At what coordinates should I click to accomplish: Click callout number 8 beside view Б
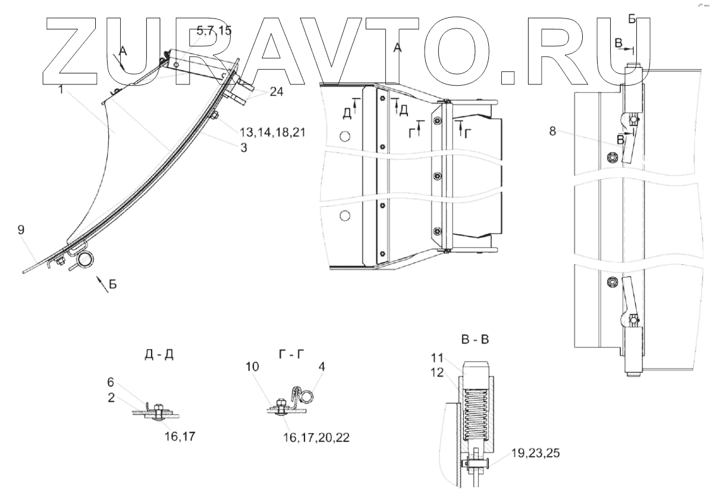(553, 131)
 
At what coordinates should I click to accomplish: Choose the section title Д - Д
(159, 356)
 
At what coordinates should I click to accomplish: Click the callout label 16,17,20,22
(316, 437)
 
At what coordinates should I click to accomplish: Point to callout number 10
(253, 367)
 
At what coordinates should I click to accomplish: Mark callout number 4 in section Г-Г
(322, 367)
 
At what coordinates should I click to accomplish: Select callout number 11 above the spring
(438, 358)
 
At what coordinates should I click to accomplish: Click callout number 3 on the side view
(244, 148)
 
